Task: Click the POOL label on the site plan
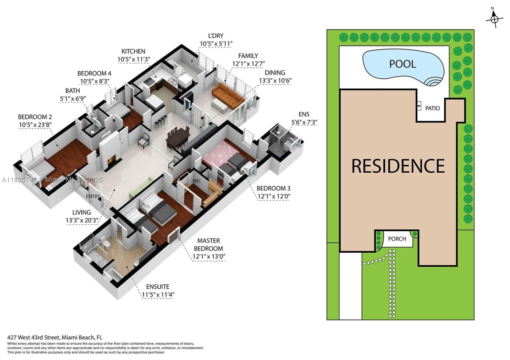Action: pyautogui.click(x=403, y=64)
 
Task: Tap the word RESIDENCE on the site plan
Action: pyautogui.click(x=398, y=166)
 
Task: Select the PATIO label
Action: pyautogui.click(x=432, y=108)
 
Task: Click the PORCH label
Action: pyautogui.click(x=397, y=239)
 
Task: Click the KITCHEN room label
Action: pyautogui.click(x=133, y=51)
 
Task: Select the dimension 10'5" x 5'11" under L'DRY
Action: pyautogui.click(x=216, y=44)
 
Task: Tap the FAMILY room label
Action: pyautogui.click(x=248, y=56)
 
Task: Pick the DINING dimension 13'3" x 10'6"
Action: pyautogui.click(x=275, y=81)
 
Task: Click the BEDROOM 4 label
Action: pyautogui.click(x=94, y=73)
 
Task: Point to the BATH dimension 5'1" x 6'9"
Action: pyautogui.click(x=73, y=99)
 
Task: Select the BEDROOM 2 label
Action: pyautogui.click(x=35, y=117)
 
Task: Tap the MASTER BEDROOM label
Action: pyautogui.click(x=208, y=245)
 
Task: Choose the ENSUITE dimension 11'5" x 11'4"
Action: pyautogui.click(x=158, y=295)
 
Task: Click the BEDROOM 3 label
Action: pyautogui.click(x=273, y=188)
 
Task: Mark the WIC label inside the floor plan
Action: pyautogui.click(x=197, y=181)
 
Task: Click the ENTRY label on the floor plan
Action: pyautogui.click(x=93, y=197)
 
